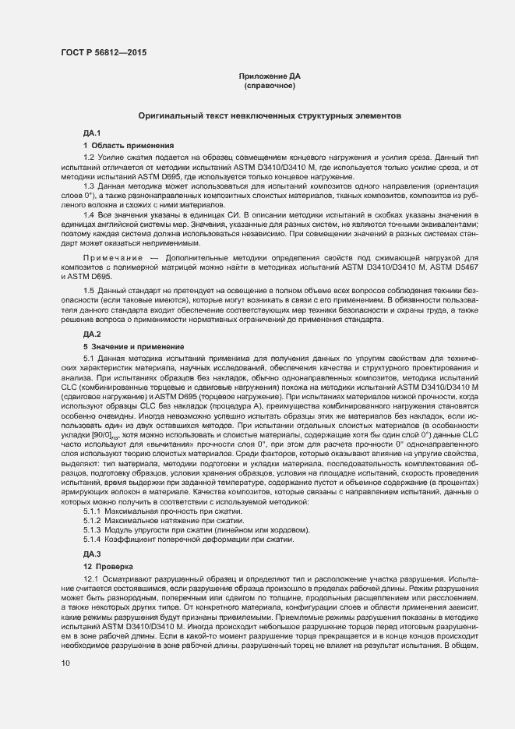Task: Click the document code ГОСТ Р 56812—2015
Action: tap(102, 53)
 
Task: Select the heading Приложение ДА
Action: tap(269, 76)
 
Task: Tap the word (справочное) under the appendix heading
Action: tap(269, 86)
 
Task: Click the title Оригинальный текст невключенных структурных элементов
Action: tap(269, 115)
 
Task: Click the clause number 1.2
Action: tap(89, 157)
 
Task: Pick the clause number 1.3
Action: tap(89, 186)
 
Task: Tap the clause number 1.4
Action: tap(89, 214)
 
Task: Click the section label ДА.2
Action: tap(92, 334)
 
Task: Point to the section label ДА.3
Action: tap(92, 554)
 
